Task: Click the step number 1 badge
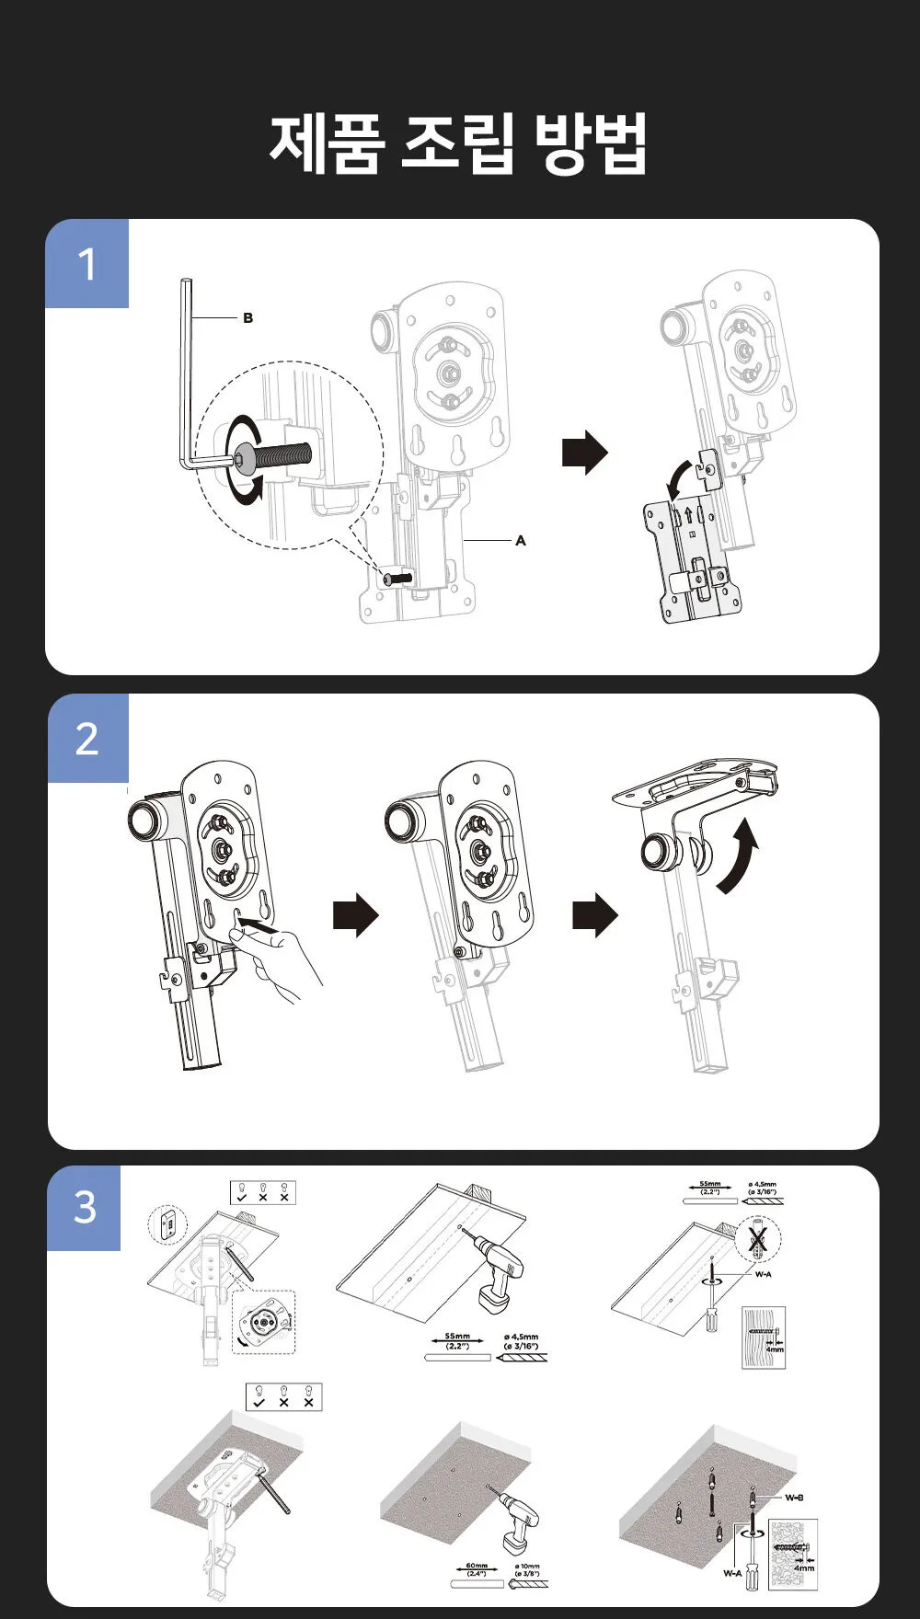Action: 87,264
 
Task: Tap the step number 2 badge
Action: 87,739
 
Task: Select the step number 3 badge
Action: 85,1208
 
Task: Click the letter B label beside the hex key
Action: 247,318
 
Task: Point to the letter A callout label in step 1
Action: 521,541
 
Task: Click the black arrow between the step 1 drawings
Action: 584,453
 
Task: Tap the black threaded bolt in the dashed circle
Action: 276,456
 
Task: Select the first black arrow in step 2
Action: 355,915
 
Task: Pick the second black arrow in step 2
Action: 595,915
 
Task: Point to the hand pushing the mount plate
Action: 281,961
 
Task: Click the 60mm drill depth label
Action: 476,1568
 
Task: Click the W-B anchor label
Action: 794,1498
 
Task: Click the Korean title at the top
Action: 459,144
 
